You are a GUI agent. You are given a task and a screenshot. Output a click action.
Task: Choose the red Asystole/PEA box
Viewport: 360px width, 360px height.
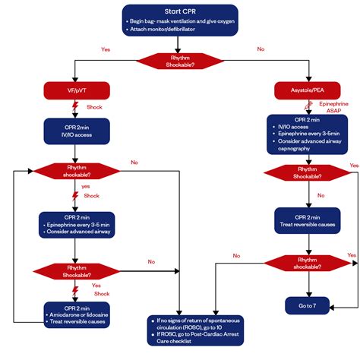point(308,90)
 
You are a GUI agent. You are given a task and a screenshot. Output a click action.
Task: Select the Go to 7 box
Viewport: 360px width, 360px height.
point(308,306)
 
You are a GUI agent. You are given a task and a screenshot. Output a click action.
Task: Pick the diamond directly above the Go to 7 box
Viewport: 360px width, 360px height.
point(308,263)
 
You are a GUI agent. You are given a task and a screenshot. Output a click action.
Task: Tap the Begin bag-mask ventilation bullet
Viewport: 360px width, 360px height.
point(182,23)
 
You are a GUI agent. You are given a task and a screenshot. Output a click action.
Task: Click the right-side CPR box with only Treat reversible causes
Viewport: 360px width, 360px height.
point(308,219)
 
